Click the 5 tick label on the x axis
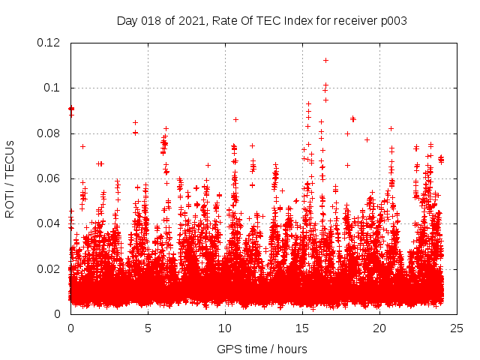148,328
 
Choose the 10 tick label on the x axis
225,328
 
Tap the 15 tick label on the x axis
302,328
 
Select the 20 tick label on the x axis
379,328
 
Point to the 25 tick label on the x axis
457,328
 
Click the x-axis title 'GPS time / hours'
262,349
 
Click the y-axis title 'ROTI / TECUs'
10,178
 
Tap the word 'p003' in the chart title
393,21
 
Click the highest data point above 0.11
325,60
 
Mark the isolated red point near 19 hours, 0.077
367,139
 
